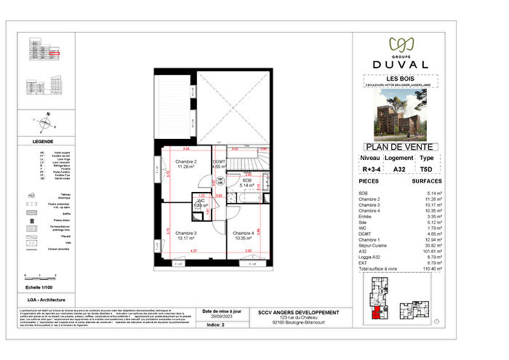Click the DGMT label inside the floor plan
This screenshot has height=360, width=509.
tap(219, 162)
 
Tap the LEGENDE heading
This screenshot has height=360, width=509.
tap(43, 141)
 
